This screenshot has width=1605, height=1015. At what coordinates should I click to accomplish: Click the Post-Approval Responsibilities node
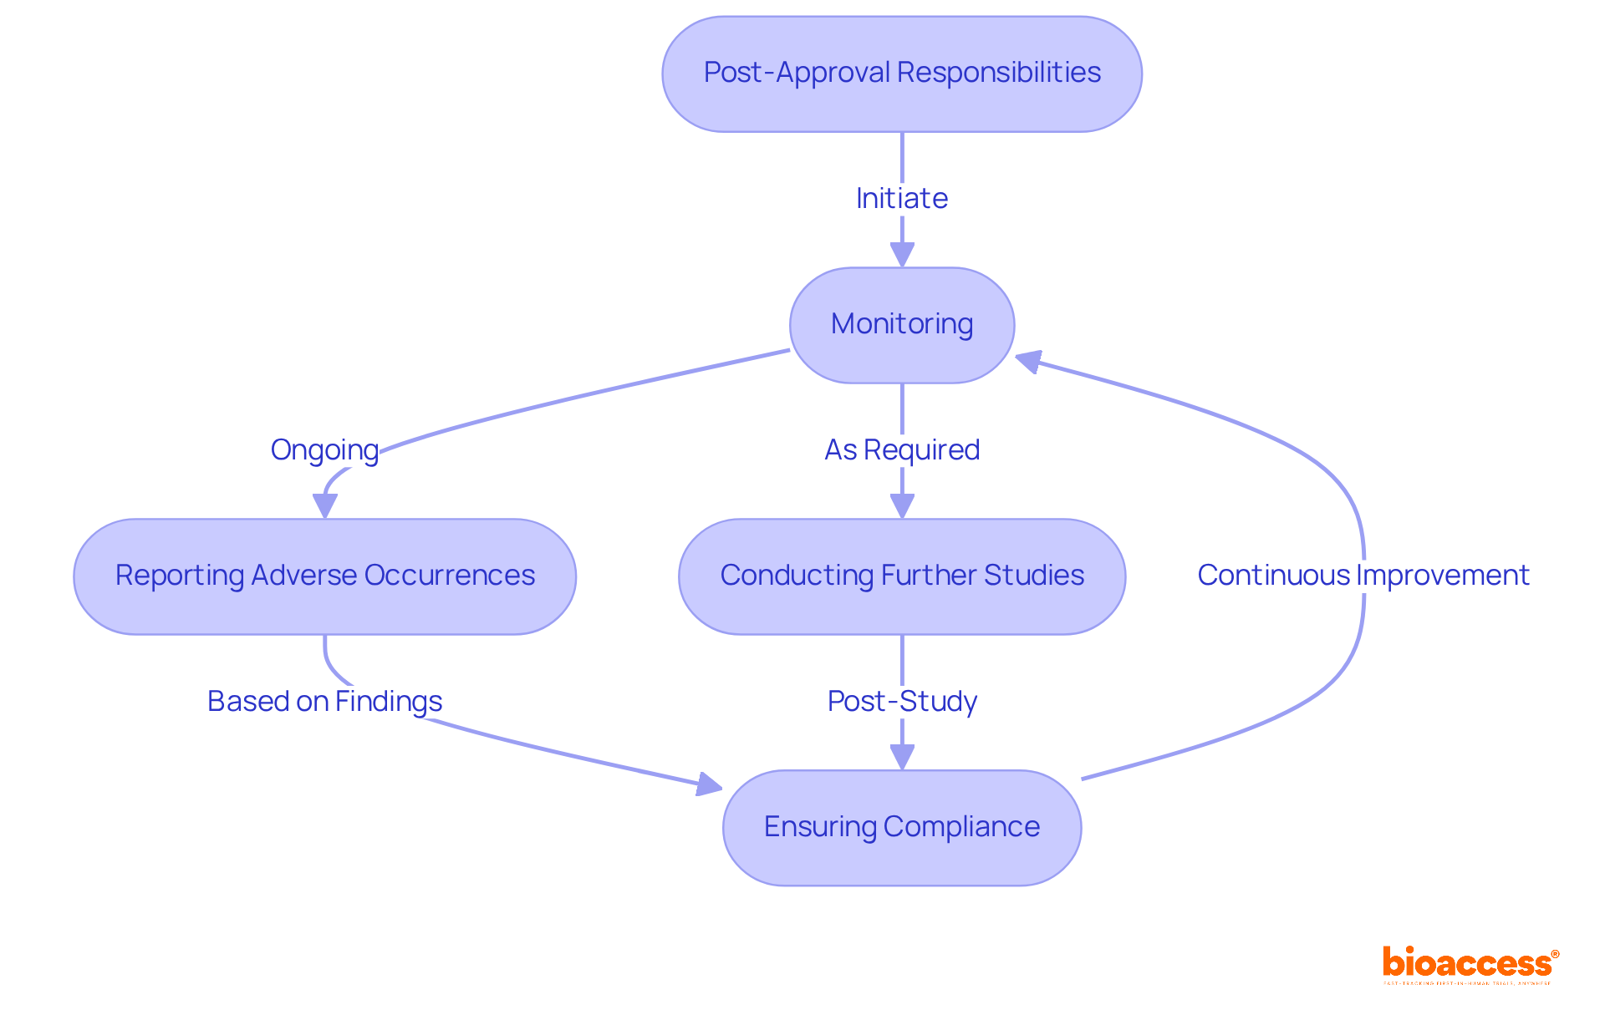[x=901, y=74]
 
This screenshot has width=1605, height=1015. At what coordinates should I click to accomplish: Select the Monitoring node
[x=901, y=324]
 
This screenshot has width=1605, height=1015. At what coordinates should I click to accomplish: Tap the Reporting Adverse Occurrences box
[x=324, y=576]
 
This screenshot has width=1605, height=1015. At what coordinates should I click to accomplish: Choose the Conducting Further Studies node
[x=901, y=576]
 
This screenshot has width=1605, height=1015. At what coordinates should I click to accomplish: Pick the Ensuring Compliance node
[x=901, y=827]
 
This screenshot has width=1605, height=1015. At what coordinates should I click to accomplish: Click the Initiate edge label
[x=901, y=199]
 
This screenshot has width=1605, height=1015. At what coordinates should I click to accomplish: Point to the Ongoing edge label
[x=324, y=450]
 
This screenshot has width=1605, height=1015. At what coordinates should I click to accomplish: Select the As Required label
[x=901, y=450]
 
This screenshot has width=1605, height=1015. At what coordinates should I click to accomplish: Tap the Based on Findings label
[x=324, y=702]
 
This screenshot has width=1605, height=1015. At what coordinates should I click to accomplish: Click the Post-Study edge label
[x=901, y=702]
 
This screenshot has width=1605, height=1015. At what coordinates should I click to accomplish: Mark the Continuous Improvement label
[x=1363, y=576]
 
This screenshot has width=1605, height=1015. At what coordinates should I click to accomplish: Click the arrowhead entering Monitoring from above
[x=901, y=254]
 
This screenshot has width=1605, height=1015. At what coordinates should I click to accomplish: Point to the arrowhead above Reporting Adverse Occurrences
[x=324, y=505]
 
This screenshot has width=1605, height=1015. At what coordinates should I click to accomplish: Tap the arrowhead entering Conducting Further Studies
[x=901, y=505]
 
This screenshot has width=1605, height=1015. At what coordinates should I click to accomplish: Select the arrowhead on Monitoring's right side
[x=1028, y=361]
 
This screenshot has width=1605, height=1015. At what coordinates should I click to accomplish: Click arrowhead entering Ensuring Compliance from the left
[x=709, y=784]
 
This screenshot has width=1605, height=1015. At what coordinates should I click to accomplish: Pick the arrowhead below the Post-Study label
[x=901, y=757]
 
